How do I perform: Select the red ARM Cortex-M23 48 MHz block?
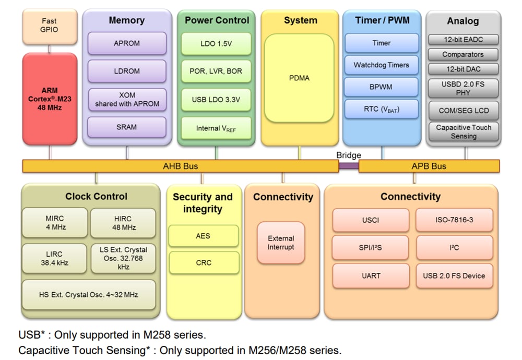(49, 99)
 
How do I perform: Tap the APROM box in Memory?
(126, 43)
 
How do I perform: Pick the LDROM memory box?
(126, 71)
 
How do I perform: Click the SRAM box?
(126, 127)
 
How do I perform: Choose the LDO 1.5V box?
(216, 43)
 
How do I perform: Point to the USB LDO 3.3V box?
(216, 100)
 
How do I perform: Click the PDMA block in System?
(299, 78)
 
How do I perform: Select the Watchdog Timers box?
(381, 65)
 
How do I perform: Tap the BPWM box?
(381, 87)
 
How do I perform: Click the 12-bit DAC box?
(463, 69)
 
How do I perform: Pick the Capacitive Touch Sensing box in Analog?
(463, 131)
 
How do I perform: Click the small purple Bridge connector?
(348, 166)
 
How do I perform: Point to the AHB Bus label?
(181, 166)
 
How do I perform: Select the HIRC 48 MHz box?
(123, 223)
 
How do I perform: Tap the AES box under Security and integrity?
(203, 236)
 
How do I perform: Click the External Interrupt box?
(281, 243)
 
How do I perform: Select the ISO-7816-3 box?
(454, 220)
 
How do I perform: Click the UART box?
(371, 275)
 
